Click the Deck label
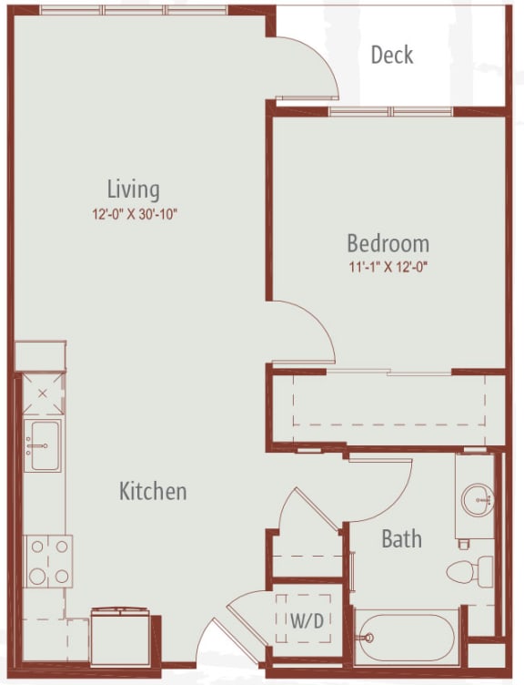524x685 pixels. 392,55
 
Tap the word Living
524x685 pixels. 134,190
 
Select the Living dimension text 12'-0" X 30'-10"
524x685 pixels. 135,214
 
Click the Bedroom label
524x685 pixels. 388,243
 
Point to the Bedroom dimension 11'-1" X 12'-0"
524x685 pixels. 388,268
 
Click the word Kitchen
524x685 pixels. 153,491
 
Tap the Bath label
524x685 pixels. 402,538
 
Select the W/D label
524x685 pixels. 307,620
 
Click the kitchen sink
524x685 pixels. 43,445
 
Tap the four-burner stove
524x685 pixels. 48,561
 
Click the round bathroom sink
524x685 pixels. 478,499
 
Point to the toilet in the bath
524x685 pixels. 469,572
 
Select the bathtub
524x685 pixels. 407,638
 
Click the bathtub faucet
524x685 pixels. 367,638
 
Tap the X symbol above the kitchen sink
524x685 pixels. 43,394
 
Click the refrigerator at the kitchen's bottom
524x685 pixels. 120,635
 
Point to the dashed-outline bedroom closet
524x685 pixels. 388,400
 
